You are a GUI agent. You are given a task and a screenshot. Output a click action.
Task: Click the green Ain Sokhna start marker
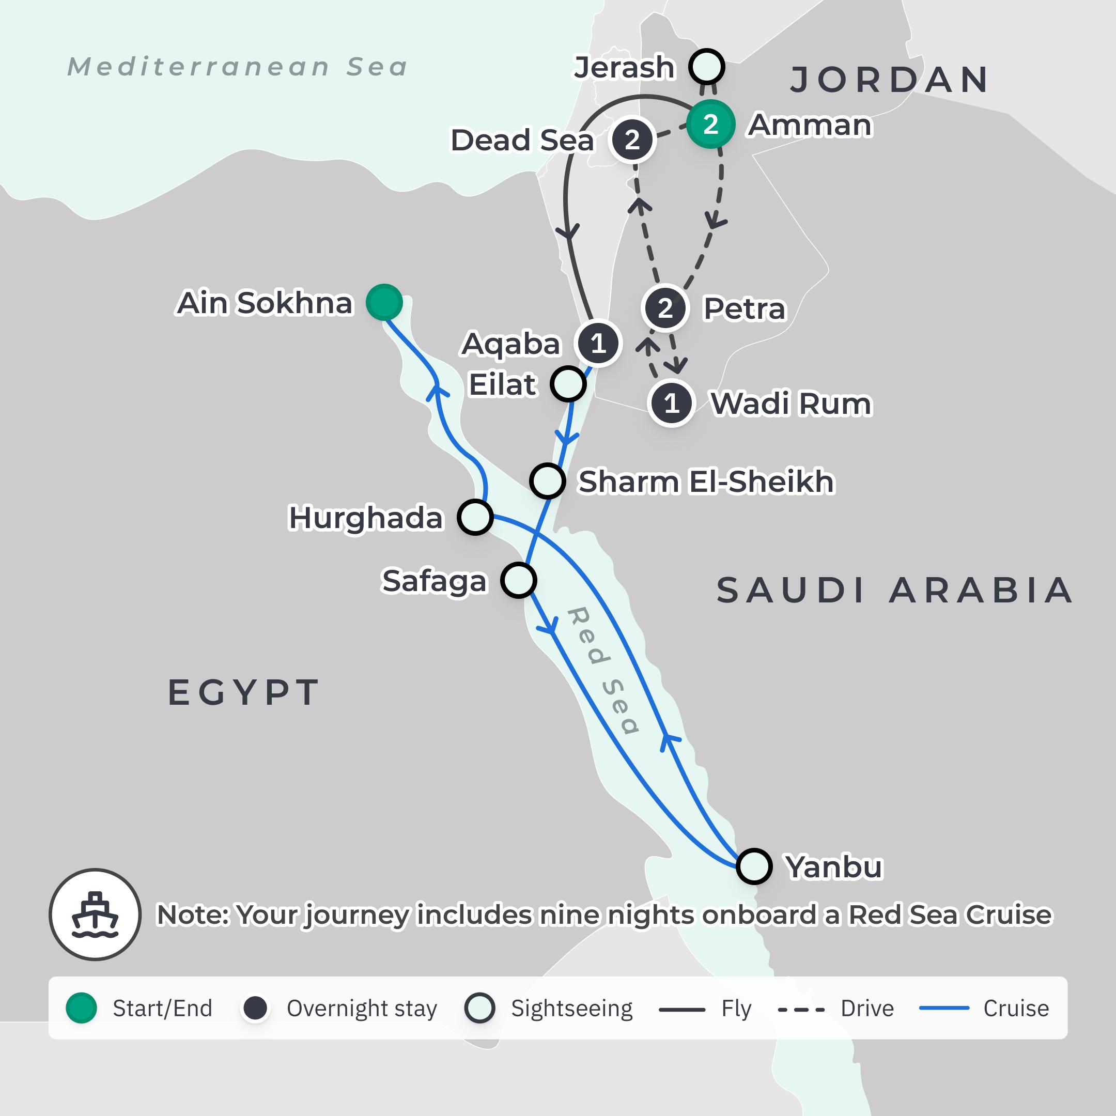click(x=384, y=302)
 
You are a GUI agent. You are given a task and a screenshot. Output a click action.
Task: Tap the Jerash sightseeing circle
click(x=706, y=67)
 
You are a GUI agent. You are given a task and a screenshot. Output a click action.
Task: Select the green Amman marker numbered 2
click(x=710, y=124)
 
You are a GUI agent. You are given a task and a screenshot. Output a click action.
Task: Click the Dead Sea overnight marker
click(x=632, y=140)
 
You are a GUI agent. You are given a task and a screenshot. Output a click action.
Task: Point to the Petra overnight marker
click(x=665, y=308)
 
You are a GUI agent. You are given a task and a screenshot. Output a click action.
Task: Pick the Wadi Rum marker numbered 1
click(x=671, y=403)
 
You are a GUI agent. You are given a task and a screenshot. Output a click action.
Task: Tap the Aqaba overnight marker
click(x=598, y=344)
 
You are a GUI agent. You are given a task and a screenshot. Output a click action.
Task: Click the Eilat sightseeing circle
click(x=568, y=384)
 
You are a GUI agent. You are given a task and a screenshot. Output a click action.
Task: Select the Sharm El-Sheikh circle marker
click(x=547, y=481)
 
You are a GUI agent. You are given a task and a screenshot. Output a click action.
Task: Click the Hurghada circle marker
click(x=475, y=517)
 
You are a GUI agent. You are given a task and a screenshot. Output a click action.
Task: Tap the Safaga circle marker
click(x=518, y=580)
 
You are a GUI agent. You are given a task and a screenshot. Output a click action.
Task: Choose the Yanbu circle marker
click(x=754, y=866)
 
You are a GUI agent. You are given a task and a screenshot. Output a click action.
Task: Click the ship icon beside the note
click(x=95, y=915)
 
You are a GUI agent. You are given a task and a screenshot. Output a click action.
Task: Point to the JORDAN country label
click(x=890, y=80)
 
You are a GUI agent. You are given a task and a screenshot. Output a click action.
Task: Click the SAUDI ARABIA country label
click(x=894, y=591)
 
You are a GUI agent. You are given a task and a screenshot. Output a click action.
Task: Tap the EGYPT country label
click(x=243, y=692)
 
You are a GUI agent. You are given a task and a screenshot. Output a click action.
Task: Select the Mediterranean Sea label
click(x=238, y=67)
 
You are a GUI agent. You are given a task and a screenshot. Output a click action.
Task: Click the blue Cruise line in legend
click(x=944, y=1008)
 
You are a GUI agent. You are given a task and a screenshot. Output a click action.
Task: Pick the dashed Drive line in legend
click(x=801, y=1009)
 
